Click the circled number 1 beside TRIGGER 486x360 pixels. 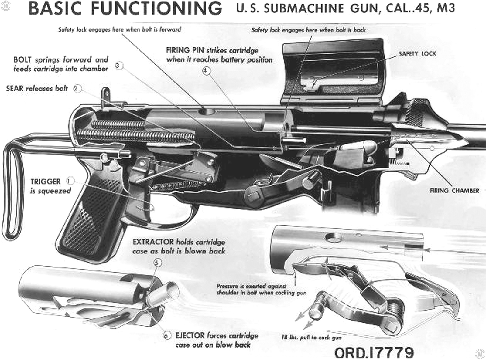pyautogui.click(x=70, y=181)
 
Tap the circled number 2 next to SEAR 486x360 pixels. pyautogui.click(x=77, y=88)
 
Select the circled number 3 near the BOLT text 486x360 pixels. pyautogui.click(x=119, y=66)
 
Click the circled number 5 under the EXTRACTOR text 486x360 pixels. pyautogui.click(x=157, y=263)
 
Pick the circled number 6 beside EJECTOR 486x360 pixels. pyautogui.click(x=166, y=336)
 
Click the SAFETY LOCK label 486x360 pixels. pyautogui.click(x=417, y=54)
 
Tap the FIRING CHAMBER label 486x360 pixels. pyautogui.click(x=454, y=191)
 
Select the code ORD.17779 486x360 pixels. pyautogui.click(x=374, y=352)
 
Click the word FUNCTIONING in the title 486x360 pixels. pyautogui.click(x=157, y=8)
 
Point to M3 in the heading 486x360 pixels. pyautogui.click(x=446, y=8)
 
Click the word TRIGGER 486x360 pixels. pyautogui.click(x=46, y=182)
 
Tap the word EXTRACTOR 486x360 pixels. pyautogui.click(x=153, y=242)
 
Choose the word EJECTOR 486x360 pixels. pyautogui.click(x=190, y=335)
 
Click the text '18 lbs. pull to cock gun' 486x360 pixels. pyautogui.click(x=311, y=337)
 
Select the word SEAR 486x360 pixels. pyautogui.click(x=15, y=88)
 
